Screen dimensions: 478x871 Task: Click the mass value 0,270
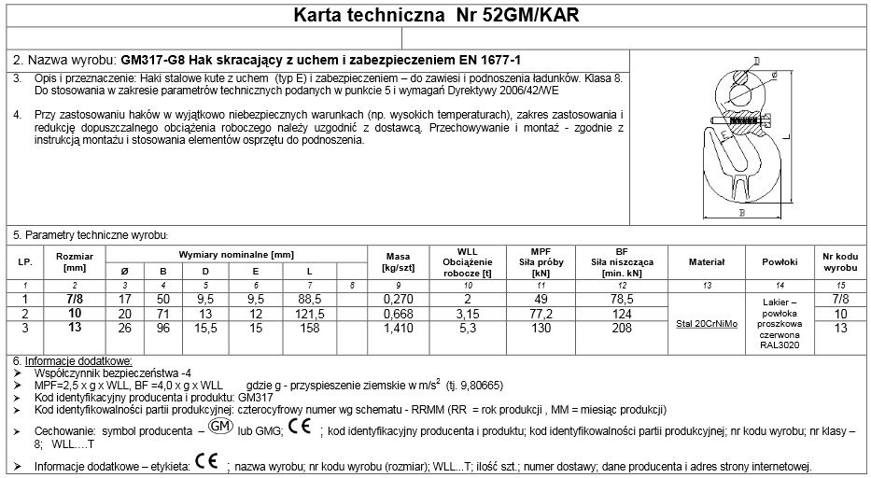pyautogui.click(x=398, y=298)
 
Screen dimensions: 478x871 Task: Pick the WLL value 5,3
pyautogui.click(x=467, y=329)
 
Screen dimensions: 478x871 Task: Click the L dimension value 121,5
pyautogui.click(x=309, y=313)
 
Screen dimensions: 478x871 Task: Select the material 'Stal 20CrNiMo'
pyautogui.click(x=705, y=324)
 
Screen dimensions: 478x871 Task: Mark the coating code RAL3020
pyautogui.click(x=780, y=346)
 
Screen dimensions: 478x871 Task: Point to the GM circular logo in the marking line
pyautogui.click(x=218, y=428)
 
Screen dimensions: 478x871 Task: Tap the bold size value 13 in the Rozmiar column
pyautogui.click(x=75, y=329)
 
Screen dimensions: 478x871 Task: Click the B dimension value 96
pyautogui.click(x=162, y=329)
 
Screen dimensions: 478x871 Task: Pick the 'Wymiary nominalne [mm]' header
pyautogui.click(x=235, y=254)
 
